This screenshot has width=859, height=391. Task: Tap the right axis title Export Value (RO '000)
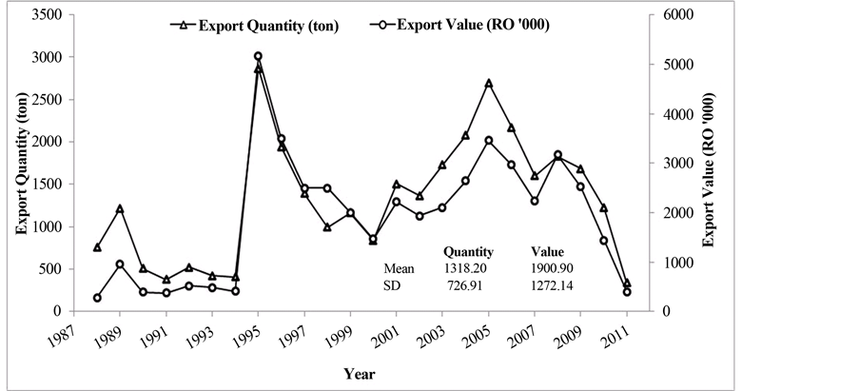[x=709, y=163]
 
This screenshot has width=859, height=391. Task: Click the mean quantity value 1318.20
[x=465, y=269]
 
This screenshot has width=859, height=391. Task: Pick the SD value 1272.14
[x=551, y=284]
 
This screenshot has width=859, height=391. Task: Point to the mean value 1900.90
[x=551, y=269]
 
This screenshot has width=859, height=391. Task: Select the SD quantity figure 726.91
[x=465, y=284]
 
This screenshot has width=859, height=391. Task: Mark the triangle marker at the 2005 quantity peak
[x=489, y=83]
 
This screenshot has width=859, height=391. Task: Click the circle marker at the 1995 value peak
[x=258, y=56]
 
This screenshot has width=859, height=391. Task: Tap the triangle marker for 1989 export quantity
[x=120, y=208]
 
